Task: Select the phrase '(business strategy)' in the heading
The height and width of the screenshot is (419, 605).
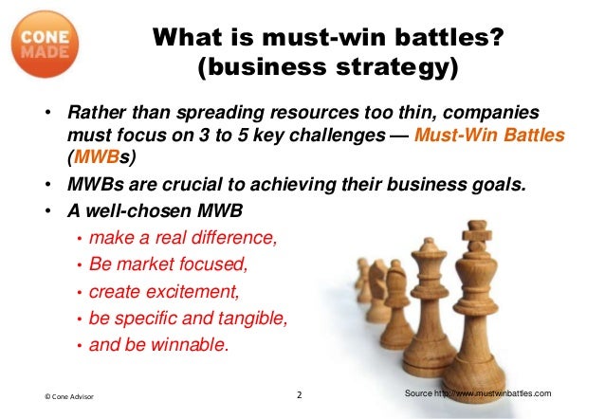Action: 327,69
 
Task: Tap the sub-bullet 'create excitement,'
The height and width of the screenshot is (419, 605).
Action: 160,291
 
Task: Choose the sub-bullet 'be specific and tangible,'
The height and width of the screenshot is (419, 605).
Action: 187,318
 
